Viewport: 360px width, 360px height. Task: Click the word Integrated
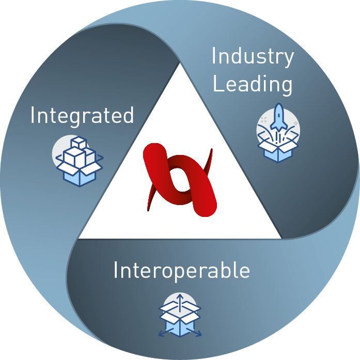[82, 115]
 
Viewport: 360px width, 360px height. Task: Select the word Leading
[252, 84]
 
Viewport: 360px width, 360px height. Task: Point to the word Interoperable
[181, 271]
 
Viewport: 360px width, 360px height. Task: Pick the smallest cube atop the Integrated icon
[79, 142]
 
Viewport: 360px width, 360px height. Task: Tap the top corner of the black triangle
[180, 65]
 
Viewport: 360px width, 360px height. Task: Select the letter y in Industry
[288, 59]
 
